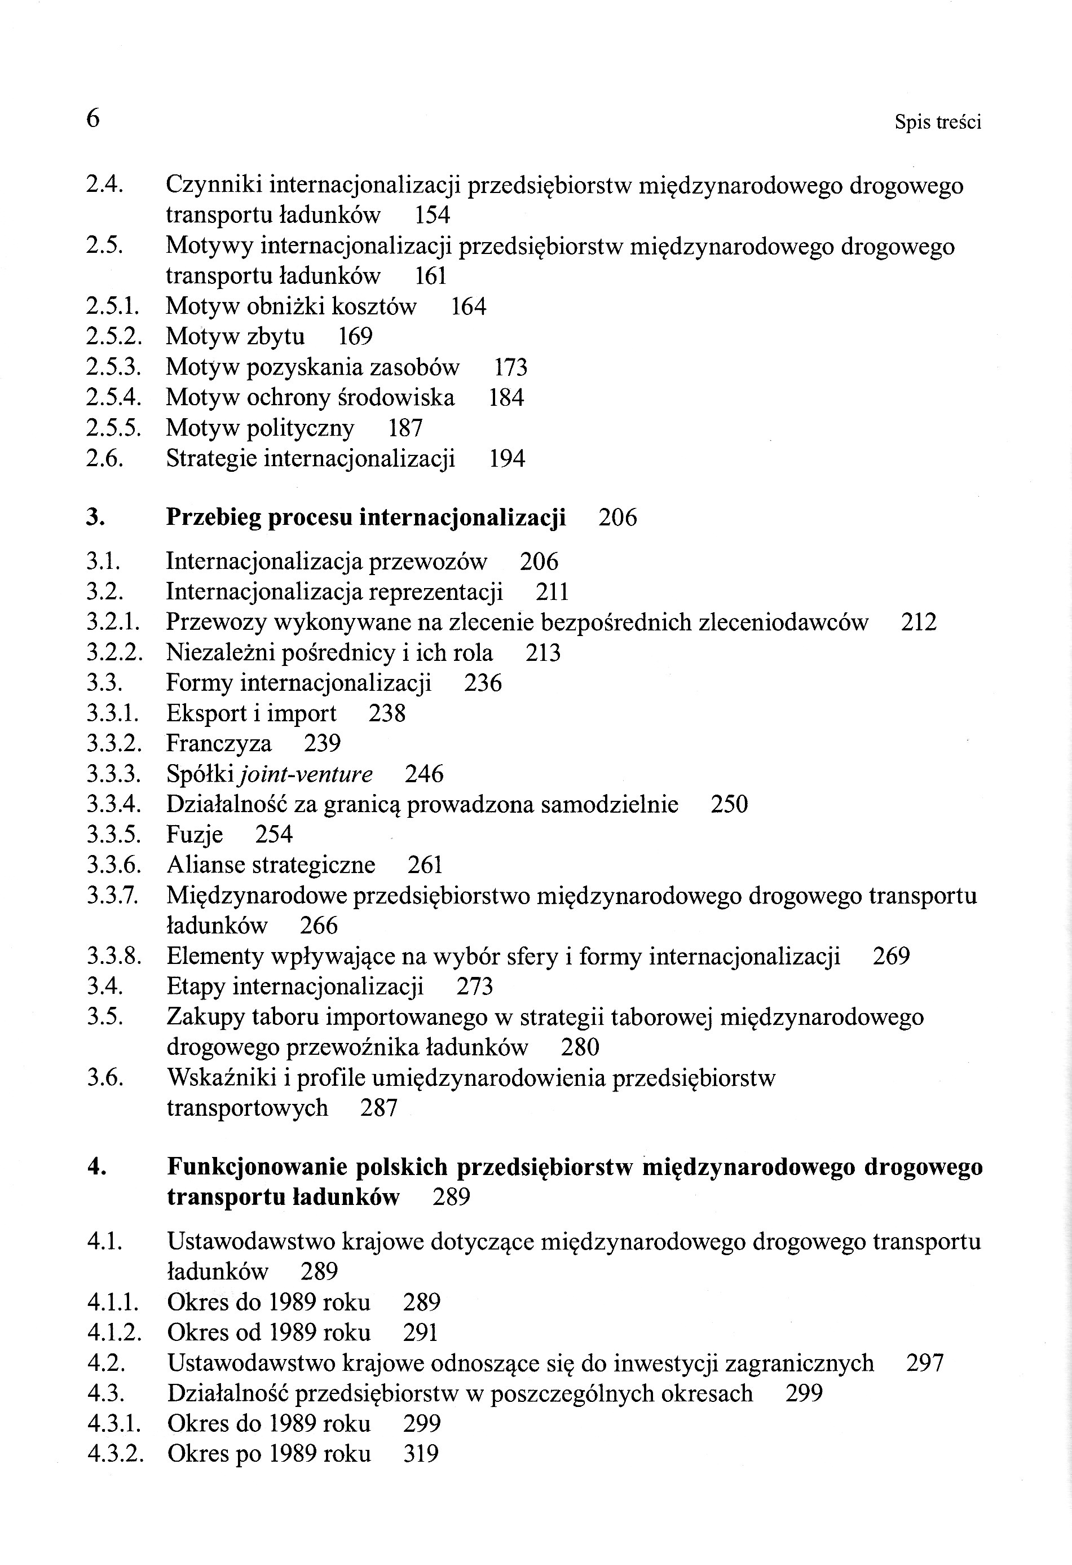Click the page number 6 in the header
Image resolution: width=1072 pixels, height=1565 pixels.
click(x=93, y=119)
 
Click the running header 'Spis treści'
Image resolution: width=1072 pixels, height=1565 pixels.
click(x=937, y=122)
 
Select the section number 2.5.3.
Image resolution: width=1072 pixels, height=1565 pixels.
click(x=113, y=367)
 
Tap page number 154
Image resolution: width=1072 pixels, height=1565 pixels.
click(x=431, y=215)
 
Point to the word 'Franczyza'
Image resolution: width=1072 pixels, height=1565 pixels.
click(x=219, y=743)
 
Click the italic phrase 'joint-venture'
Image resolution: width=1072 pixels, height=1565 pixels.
click(x=306, y=774)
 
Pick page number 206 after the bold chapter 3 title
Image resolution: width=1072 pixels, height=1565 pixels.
click(x=617, y=517)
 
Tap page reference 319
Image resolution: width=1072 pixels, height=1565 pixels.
click(x=421, y=1454)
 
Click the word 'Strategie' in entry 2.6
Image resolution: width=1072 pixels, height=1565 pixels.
click(x=211, y=459)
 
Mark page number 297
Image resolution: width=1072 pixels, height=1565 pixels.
click(x=925, y=1363)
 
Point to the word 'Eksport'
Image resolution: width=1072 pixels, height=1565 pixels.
click(x=206, y=713)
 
